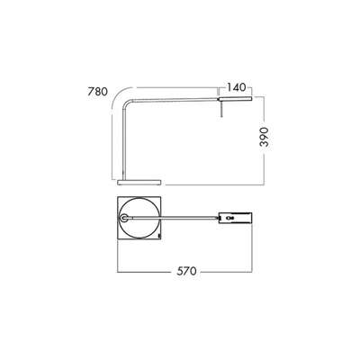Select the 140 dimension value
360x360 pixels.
pos(238,87)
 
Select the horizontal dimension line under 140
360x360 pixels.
pos(236,94)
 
